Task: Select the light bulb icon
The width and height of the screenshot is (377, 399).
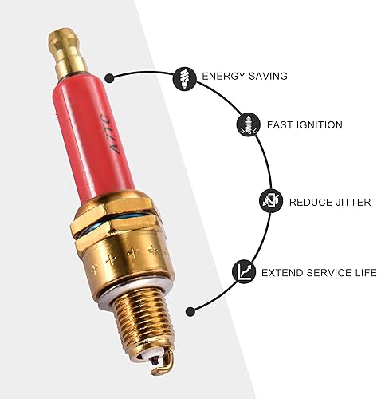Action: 184,77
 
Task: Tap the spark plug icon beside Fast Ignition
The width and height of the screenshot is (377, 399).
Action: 246,124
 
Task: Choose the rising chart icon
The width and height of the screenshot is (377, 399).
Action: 244,272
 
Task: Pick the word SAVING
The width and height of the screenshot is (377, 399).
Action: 267,77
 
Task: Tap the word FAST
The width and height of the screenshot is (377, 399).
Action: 279,125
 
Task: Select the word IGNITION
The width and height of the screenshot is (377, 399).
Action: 319,125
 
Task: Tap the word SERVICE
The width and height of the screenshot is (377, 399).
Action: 331,273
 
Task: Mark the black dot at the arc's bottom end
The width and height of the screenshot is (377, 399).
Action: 190,311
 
